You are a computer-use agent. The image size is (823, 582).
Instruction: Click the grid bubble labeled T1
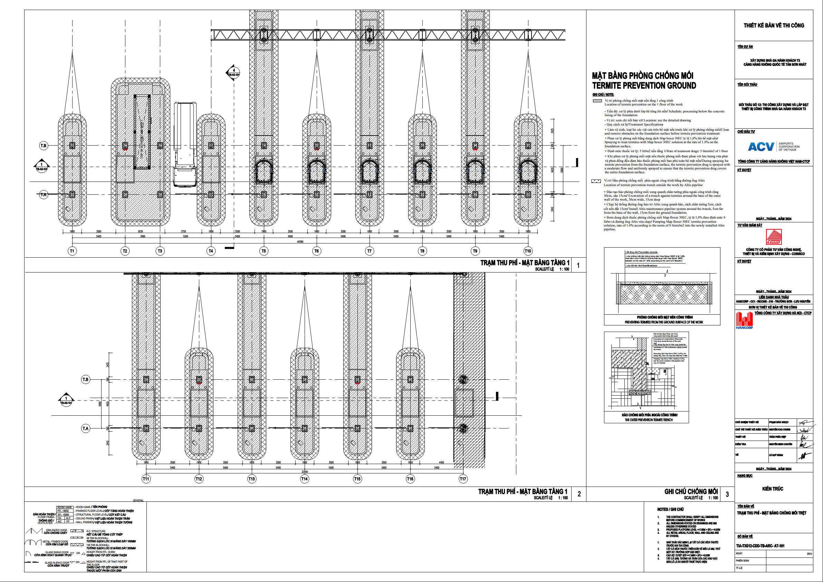[x=72, y=251]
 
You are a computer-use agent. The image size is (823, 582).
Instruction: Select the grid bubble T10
[x=528, y=251]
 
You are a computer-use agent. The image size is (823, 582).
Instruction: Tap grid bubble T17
[x=463, y=479]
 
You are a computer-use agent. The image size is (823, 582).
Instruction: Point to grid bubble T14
[x=304, y=479]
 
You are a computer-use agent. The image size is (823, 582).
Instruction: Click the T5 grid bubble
[x=264, y=251]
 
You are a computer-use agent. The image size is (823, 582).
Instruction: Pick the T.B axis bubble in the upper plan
[x=44, y=146]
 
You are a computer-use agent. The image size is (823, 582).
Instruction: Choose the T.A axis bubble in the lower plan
[x=85, y=428]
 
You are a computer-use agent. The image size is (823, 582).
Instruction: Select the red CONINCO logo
[x=773, y=237]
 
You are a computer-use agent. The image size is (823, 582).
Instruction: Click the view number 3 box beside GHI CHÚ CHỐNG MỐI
[x=727, y=494]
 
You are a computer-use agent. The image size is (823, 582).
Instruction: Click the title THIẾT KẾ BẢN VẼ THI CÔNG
[x=773, y=26]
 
